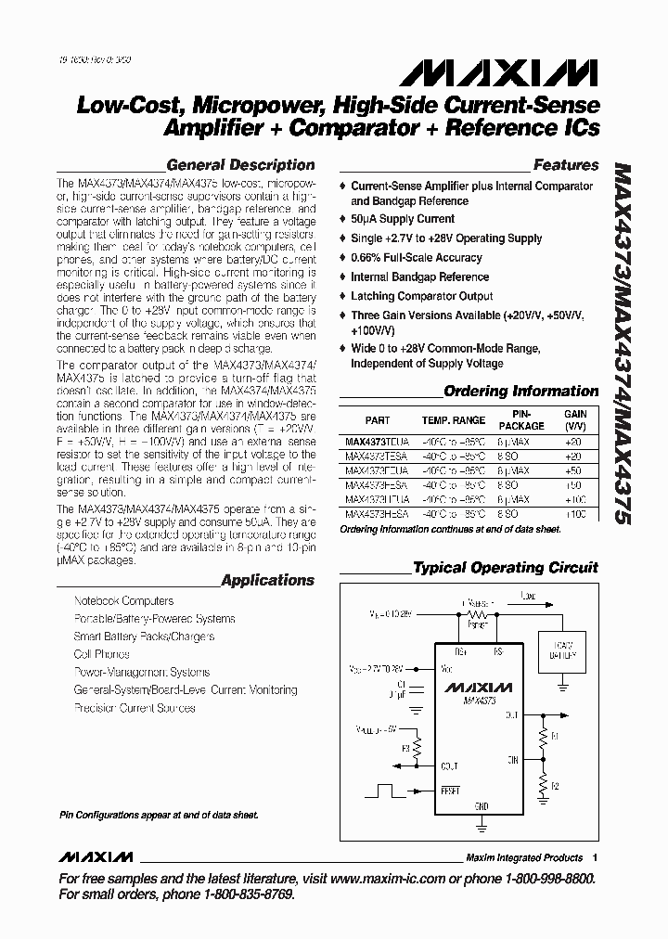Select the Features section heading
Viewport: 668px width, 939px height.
coord(565,165)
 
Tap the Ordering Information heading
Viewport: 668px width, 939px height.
coord(520,391)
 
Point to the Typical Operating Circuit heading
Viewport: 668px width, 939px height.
coord(505,567)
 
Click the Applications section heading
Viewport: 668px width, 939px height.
coord(267,580)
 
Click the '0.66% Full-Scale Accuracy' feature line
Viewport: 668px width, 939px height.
coord(416,257)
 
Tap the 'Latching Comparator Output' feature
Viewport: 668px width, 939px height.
coord(421,296)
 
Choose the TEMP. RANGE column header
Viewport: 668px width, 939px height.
coord(453,419)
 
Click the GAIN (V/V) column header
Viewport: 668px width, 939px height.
coord(575,419)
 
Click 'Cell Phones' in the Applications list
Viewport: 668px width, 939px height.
coord(102,654)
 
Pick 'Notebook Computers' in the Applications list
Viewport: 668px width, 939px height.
coord(123,601)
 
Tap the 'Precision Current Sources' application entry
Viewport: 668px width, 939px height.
coord(135,708)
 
